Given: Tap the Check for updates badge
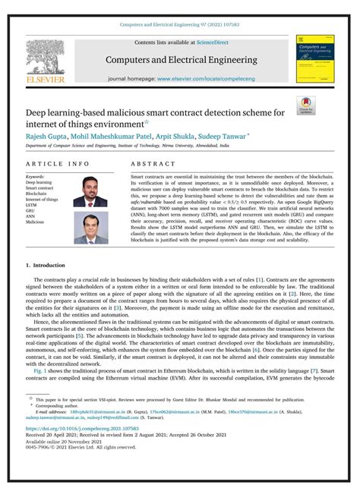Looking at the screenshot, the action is tap(305, 105).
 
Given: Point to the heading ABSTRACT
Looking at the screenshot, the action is tap(153, 163).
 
